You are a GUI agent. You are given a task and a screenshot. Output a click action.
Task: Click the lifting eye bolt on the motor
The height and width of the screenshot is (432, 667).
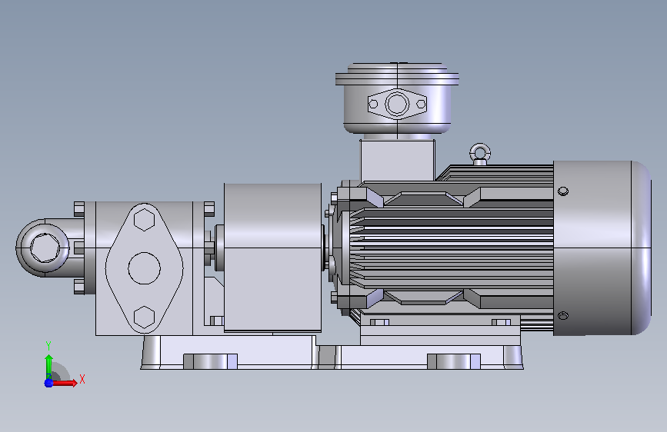point(480,154)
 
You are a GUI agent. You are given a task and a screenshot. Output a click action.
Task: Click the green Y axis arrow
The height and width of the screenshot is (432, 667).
point(48,367)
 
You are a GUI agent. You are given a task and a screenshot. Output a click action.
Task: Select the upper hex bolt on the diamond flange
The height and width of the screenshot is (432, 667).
point(144,220)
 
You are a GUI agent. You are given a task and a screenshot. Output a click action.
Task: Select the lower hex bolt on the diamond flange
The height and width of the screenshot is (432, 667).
point(144,317)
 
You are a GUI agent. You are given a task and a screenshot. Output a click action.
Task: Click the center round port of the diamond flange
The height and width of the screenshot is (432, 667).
point(144,268)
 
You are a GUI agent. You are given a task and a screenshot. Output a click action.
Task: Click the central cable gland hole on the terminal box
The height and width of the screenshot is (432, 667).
point(397,104)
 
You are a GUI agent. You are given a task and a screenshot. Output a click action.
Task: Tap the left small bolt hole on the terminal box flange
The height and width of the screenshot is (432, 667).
point(373,104)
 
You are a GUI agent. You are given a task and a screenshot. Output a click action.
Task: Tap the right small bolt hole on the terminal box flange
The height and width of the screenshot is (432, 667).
point(421,104)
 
